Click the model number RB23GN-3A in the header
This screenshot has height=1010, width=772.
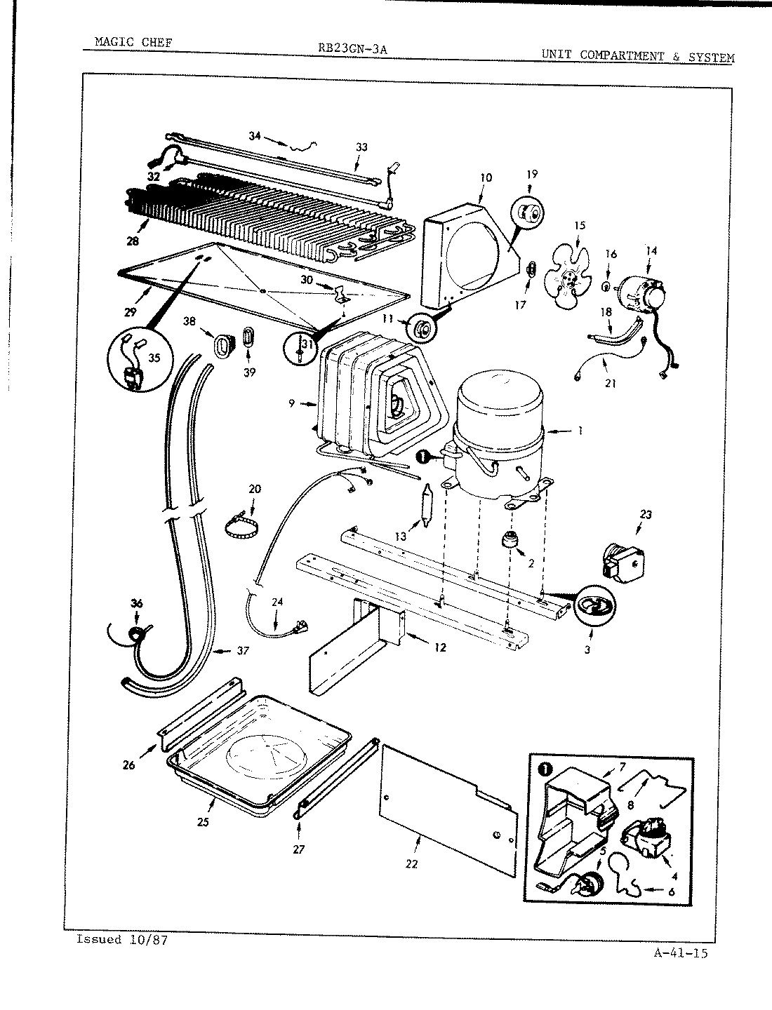coord(353,48)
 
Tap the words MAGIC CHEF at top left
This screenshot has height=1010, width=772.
coord(133,43)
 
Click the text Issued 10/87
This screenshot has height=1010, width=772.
coord(121,939)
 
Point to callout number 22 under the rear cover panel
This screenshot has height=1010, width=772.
coord(411,864)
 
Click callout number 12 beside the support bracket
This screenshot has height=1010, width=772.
coord(440,647)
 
